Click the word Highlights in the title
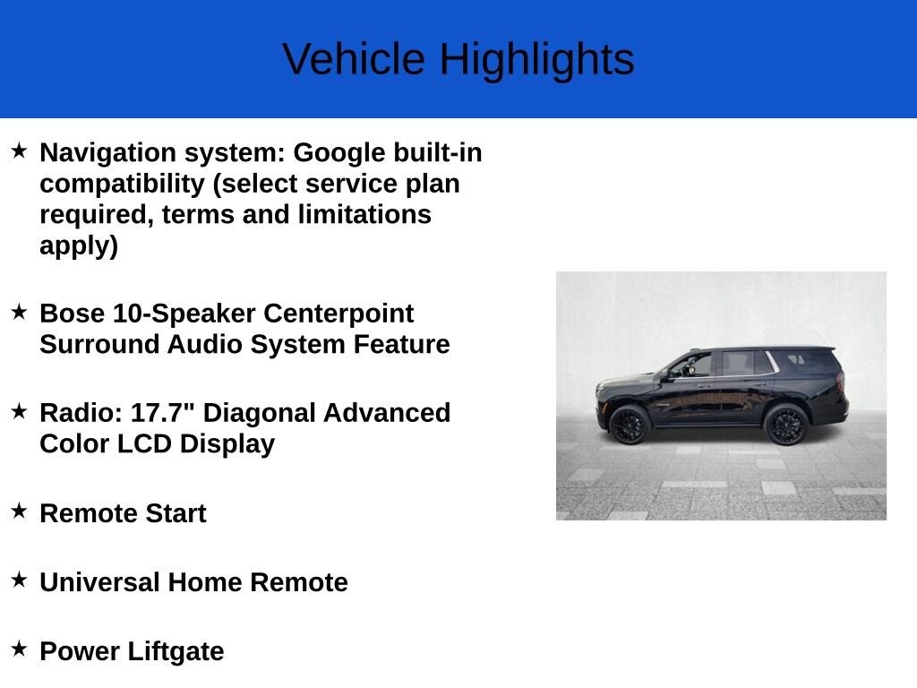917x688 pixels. tap(536, 59)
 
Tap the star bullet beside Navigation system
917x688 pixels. tap(19, 150)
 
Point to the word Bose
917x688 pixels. tap(73, 314)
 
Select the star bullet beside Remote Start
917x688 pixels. tap(19, 511)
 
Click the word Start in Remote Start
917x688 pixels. tap(175, 513)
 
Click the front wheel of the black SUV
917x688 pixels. tap(629, 424)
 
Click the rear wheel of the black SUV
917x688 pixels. tap(787, 423)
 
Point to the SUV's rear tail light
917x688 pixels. tap(840, 382)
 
